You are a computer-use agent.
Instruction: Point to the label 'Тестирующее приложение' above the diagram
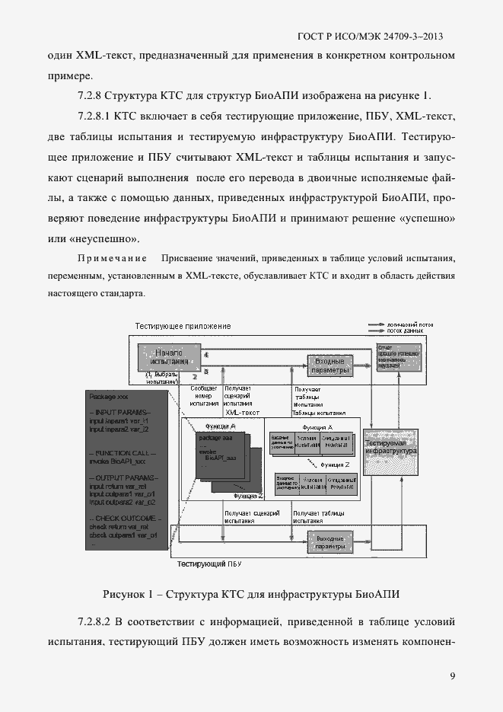point(183,327)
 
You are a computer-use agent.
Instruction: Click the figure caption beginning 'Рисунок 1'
point(251,593)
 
